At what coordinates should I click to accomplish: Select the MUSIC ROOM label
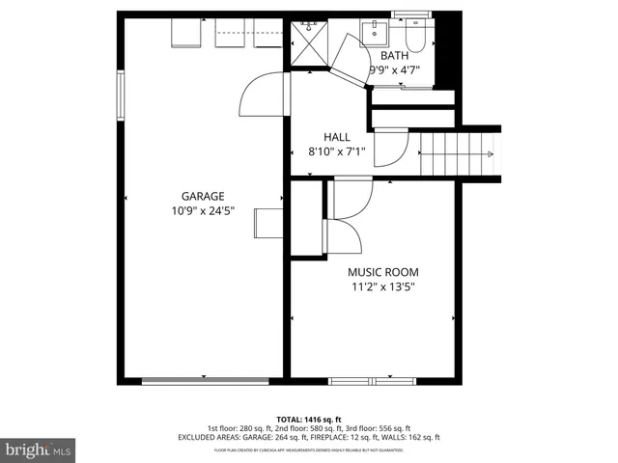(382, 272)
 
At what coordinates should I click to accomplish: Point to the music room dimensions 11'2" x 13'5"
(382, 286)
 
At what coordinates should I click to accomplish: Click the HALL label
(337, 137)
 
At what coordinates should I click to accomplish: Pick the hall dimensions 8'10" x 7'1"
(337, 151)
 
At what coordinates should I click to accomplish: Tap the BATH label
(394, 56)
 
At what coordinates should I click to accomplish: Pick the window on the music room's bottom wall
(374, 381)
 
